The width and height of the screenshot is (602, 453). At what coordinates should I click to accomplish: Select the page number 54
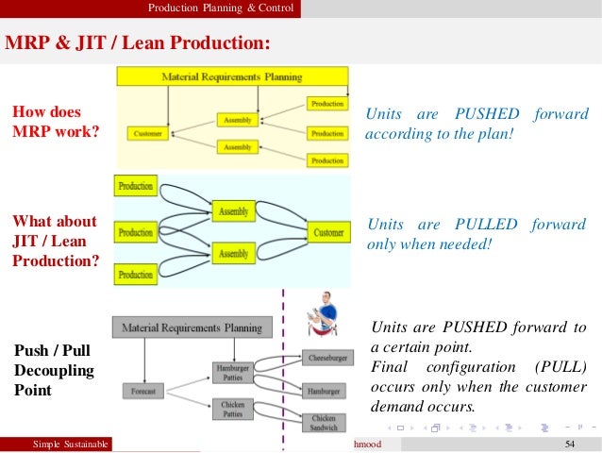click(569, 444)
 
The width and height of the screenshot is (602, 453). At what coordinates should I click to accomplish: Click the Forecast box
click(143, 390)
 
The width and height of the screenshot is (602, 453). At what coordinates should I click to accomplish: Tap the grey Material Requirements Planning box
click(192, 327)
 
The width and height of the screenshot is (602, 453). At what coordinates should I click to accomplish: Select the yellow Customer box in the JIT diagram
click(329, 232)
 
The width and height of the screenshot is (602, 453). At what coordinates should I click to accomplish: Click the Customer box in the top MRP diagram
click(148, 134)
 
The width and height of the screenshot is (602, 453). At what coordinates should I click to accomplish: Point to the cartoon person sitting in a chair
click(324, 312)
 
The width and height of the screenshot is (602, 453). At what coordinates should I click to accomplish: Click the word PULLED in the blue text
click(485, 225)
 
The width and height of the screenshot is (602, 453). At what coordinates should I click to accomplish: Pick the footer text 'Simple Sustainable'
click(72, 444)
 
